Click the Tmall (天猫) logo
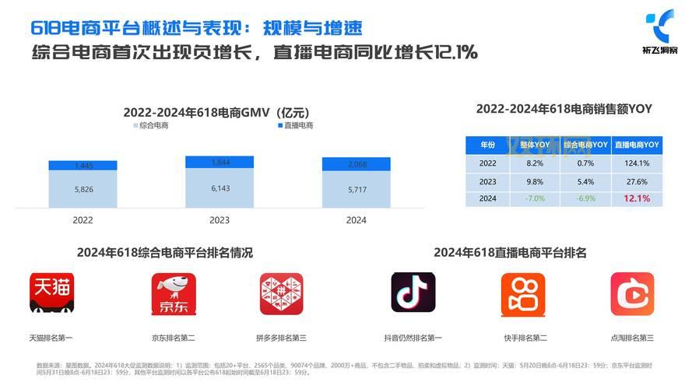[x=51, y=293]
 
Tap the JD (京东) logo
[x=173, y=293]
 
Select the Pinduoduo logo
[x=281, y=293]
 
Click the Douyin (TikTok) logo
[x=413, y=293]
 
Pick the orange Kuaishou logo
[x=522, y=293]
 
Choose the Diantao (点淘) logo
[x=631, y=293]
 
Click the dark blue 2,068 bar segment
[x=356, y=165]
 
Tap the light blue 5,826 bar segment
[x=83, y=189]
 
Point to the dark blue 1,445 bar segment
[x=83, y=166]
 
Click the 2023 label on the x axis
[x=220, y=220]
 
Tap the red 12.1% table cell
[x=636, y=198]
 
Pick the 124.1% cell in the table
[x=636, y=163]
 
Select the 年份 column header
[x=487, y=145]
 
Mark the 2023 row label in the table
[x=487, y=181]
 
